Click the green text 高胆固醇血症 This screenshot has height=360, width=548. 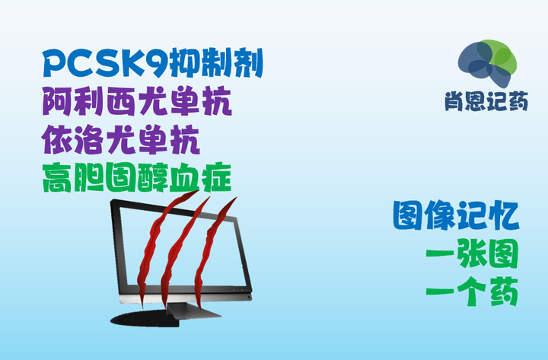[x=137, y=177]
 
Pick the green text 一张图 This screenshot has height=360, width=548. [x=472, y=255]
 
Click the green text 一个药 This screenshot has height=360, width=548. [x=472, y=291]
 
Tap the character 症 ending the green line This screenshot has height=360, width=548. [x=215, y=177]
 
